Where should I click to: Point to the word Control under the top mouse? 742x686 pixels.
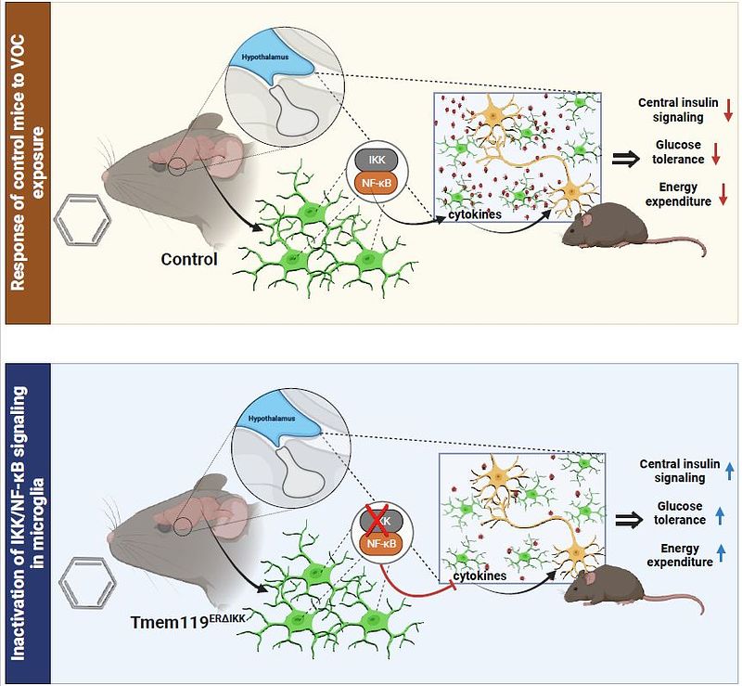pyautogui.click(x=189, y=259)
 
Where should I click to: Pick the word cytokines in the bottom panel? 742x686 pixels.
pyautogui.click(x=480, y=576)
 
